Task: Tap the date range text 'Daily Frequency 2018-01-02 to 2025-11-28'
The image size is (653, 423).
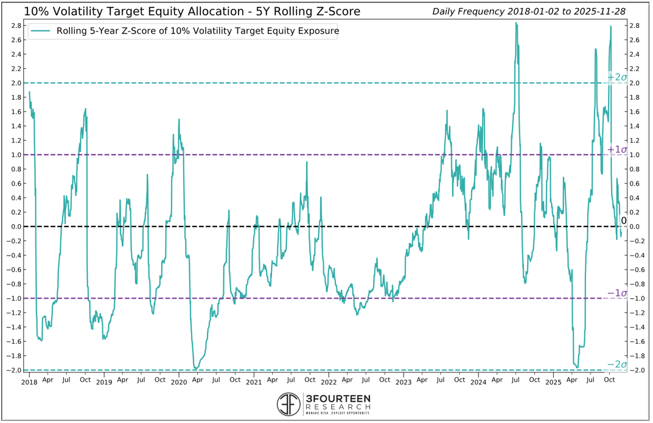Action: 529,12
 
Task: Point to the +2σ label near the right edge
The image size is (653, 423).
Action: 617,77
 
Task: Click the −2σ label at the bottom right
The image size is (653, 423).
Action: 617,365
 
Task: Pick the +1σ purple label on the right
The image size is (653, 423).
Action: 617,149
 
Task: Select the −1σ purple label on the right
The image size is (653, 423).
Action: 617,293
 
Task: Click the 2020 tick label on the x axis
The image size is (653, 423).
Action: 178,383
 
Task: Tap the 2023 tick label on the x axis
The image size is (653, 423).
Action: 403,383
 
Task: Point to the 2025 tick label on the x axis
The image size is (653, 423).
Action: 553,383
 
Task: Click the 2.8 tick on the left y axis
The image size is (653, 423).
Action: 17,26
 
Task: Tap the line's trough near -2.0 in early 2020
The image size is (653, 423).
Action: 195,368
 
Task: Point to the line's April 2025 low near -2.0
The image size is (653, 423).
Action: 577,367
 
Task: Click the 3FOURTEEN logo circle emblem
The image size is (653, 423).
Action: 288,404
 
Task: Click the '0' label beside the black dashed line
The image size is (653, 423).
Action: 623,221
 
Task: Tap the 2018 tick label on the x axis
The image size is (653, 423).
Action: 29,383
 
